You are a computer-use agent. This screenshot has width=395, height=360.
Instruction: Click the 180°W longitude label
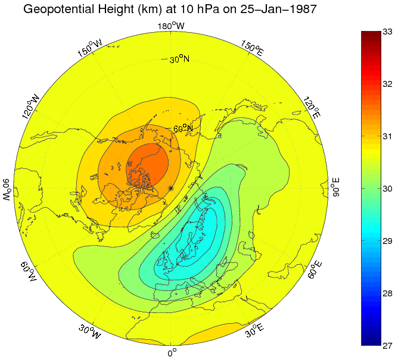coord(171,26)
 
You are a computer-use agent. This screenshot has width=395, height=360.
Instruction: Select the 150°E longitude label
coord(253,49)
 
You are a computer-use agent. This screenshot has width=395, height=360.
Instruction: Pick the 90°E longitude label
coord(336,187)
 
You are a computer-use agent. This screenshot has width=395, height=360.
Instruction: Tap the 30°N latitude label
coord(179,60)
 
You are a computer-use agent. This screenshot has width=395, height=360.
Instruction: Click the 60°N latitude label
coord(183,129)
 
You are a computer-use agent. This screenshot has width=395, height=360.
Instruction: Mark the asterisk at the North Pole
coord(171,188)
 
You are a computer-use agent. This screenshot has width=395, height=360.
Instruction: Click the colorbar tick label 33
coord(387,31)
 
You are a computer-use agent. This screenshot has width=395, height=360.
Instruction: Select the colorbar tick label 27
coord(387,346)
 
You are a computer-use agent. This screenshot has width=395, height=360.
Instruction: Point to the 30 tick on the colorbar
coord(387,189)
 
